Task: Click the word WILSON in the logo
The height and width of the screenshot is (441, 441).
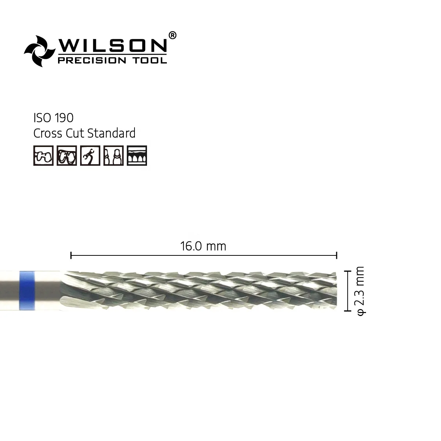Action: (x=112, y=45)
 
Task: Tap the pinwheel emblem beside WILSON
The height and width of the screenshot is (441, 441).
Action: (x=39, y=51)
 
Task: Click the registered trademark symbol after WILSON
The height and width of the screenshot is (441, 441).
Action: (x=172, y=35)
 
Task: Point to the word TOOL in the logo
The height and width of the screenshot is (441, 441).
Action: (x=151, y=60)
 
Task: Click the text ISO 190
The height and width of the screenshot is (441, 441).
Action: (x=53, y=118)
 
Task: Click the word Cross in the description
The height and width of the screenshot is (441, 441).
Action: (x=46, y=133)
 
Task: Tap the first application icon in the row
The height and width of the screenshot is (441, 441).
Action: (x=43, y=155)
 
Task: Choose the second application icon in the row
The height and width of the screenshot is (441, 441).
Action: (x=67, y=155)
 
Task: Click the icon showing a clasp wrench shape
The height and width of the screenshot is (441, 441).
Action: (x=90, y=155)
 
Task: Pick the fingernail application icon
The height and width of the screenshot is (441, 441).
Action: (x=113, y=155)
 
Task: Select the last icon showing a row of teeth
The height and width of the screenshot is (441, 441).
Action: (x=137, y=155)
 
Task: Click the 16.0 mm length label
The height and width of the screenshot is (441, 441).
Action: (x=203, y=246)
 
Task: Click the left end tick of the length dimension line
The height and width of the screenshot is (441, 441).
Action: (x=71, y=255)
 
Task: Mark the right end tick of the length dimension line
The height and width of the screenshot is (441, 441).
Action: (x=337, y=255)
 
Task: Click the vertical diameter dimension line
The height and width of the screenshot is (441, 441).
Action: (x=347, y=291)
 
